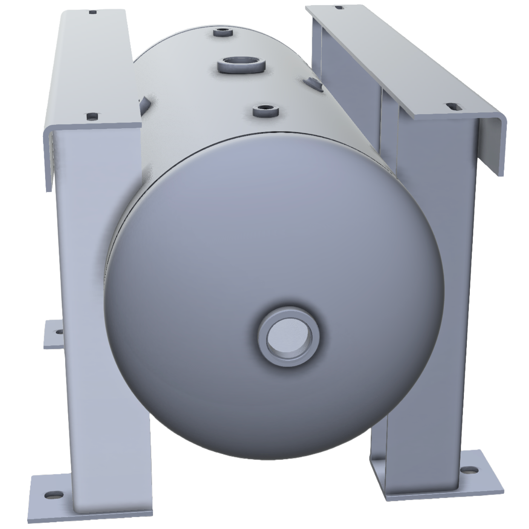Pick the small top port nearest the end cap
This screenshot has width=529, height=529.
(265, 111)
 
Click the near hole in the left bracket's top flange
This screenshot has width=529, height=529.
(92, 115)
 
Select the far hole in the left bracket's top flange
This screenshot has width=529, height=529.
(92, 12)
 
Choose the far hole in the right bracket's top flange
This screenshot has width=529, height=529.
(339, 7)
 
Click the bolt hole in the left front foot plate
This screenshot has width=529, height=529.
(53, 495)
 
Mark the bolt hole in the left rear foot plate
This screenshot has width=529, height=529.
(58, 331)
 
